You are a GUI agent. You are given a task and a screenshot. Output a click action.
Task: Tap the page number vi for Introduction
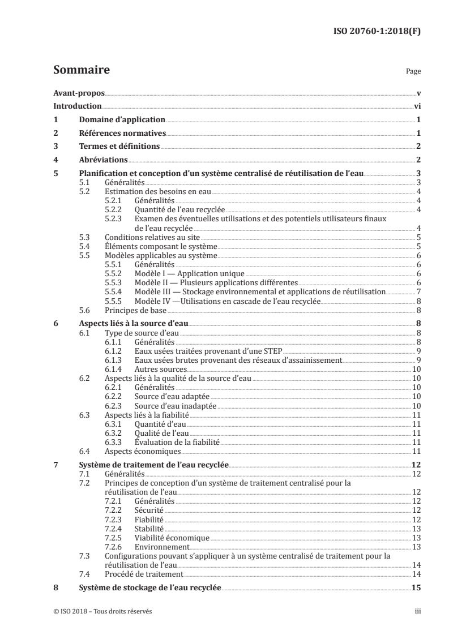tap(417, 106)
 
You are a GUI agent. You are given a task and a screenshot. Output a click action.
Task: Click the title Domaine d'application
tap(122, 120)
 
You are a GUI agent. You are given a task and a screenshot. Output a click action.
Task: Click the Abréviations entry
tap(103, 160)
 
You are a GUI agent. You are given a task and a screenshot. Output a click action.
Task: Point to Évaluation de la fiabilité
tap(176, 441)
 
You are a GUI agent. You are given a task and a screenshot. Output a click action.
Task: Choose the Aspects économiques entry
tap(143, 451)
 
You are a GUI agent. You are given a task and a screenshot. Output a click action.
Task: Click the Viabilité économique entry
tap(172, 538)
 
